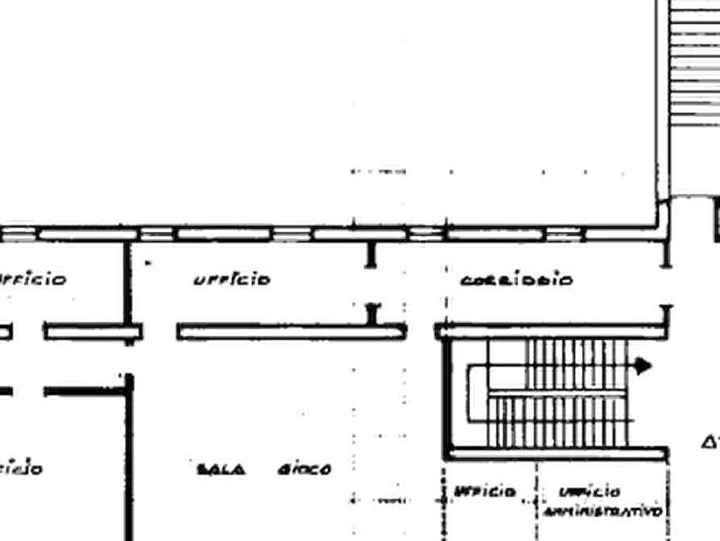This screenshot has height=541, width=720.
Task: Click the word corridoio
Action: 517,280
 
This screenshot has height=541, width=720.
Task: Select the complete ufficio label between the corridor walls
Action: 231,279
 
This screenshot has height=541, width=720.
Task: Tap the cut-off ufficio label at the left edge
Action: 32,280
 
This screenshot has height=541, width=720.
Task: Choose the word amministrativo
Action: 603,511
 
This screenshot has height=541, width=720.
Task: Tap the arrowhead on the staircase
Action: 644,366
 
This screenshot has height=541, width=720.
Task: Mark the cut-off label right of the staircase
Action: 710,442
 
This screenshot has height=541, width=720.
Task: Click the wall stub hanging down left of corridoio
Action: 370,254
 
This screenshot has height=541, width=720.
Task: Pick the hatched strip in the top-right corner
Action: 695,65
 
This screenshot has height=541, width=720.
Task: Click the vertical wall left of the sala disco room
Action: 127,452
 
